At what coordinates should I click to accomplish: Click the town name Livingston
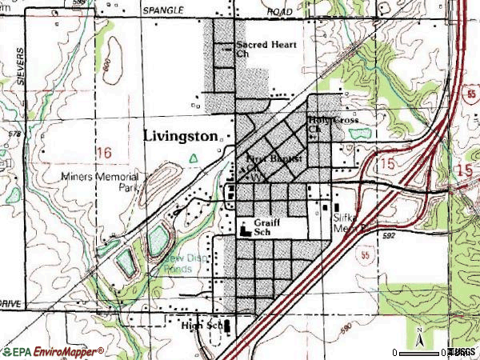180,136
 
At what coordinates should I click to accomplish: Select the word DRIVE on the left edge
10,305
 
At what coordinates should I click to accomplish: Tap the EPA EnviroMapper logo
53,351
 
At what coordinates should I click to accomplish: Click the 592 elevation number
389,236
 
